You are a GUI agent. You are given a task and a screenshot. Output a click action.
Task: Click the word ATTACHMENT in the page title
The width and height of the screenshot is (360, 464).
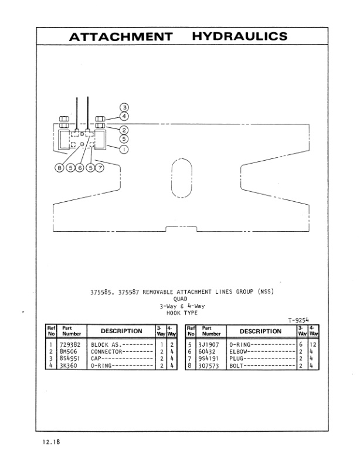click(x=121, y=36)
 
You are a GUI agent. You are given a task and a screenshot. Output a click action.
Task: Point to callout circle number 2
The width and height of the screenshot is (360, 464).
click(x=124, y=130)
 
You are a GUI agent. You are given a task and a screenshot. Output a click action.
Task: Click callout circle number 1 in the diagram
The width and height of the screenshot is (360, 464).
click(x=124, y=149)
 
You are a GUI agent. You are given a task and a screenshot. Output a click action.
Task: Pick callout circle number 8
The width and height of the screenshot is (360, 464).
click(x=59, y=168)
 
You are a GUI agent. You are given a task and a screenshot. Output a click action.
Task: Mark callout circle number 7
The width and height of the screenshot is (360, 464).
click(x=100, y=168)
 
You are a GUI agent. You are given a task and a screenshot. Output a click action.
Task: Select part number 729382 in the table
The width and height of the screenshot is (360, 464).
click(x=69, y=345)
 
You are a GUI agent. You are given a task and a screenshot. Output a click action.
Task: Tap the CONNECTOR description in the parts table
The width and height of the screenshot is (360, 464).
click(x=105, y=351)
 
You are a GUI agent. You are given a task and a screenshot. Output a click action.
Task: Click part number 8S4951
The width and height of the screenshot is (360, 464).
click(x=69, y=358)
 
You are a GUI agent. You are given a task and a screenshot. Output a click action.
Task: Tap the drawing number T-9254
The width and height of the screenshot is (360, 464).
click(x=299, y=319)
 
